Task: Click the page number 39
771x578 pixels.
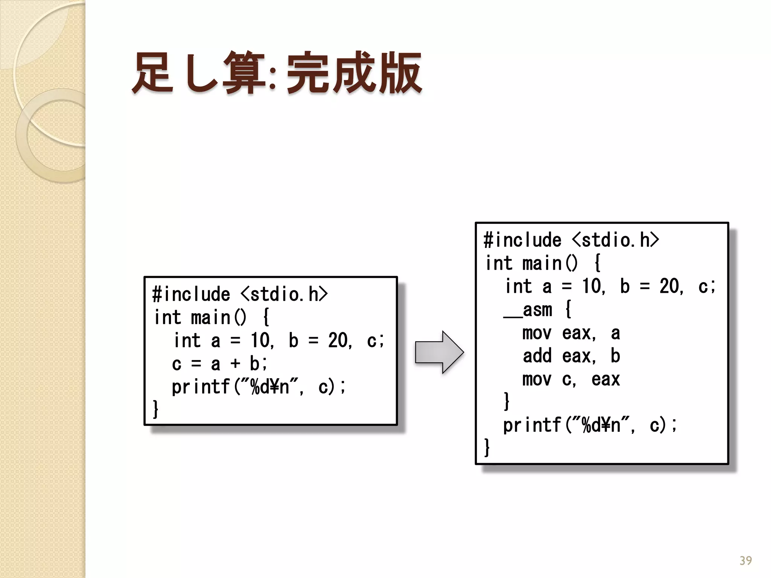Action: point(745,561)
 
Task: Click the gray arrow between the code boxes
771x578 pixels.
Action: point(439,352)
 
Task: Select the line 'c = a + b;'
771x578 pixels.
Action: point(219,364)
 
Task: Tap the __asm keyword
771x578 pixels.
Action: point(528,310)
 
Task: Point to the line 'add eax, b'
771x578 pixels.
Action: point(571,356)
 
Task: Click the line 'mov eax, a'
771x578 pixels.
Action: point(571,333)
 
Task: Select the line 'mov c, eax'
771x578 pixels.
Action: point(571,379)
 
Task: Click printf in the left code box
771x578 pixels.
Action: point(201,387)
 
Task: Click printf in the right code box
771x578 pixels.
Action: point(532,425)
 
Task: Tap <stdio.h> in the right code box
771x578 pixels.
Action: point(616,240)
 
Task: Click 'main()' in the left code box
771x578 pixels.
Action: point(218,318)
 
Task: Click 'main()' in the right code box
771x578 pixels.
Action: point(550,263)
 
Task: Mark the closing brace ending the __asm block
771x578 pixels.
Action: point(507,402)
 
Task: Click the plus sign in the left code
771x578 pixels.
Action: point(235,364)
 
